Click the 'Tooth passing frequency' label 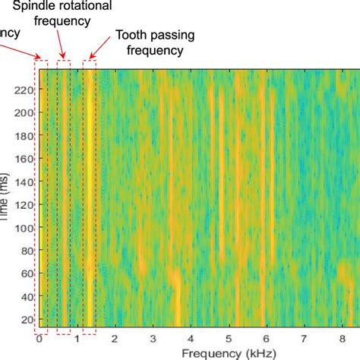pyautogui.click(x=150, y=43)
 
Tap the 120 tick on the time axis pyautogui.click(x=26, y=204)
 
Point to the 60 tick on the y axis pyautogui.click(x=28, y=273)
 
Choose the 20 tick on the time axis pyautogui.click(x=28, y=320)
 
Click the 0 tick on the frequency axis pyautogui.click(x=39, y=338)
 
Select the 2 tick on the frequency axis pyautogui.click(x=115, y=338)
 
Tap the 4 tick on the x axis pyautogui.click(x=191, y=338)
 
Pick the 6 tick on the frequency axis pyautogui.click(x=267, y=338)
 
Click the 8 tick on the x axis pyautogui.click(x=343, y=338)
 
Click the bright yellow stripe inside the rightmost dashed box pyautogui.click(x=90, y=197)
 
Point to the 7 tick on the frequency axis pyautogui.click(x=305, y=338)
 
